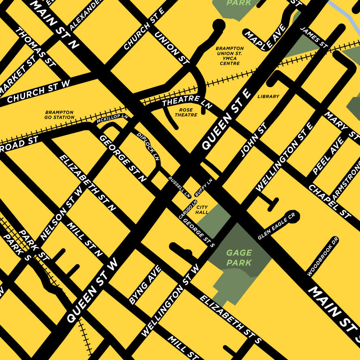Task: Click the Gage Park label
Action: pyautogui.click(x=239, y=257)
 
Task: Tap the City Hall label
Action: pyautogui.click(x=202, y=210)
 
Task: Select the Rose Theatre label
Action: pyautogui.click(x=186, y=112)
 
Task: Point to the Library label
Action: pyautogui.click(x=268, y=96)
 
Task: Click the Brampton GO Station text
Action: pyautogui.click(x=59, y=115)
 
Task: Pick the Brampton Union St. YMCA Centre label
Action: pyautogui.click(x=230, y=56)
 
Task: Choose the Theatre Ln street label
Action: pyautogui.click(x=187, y=101)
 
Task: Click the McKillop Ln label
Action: pyautogui.click(x=112, y=118)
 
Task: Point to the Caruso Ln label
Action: pyautogui.click(x=188, y=209)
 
